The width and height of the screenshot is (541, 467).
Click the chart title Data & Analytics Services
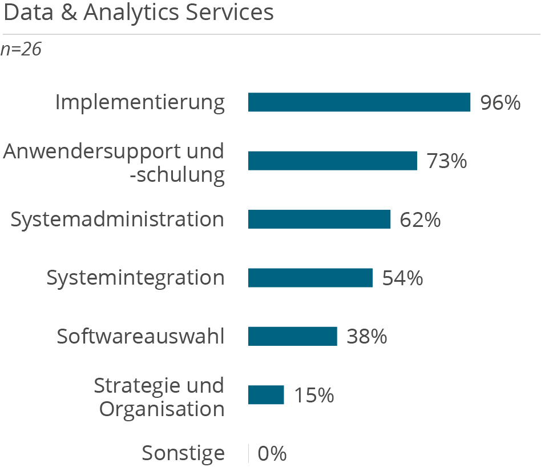point(139,13)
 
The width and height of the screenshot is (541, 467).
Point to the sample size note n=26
point(21,50)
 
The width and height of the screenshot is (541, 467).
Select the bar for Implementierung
point(359,102)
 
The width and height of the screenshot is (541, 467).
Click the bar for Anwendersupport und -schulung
point(332,161)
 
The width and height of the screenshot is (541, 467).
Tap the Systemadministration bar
point(319,219)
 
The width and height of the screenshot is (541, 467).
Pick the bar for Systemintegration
point(310,278)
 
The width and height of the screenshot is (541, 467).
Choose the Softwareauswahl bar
point(292,336)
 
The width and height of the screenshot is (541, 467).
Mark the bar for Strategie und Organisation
point(266,395)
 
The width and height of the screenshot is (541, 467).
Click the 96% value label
point(500,103)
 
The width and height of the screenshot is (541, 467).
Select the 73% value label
point(447,162)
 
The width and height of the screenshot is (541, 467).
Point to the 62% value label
point(420,220)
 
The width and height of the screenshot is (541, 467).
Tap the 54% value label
point(402,278)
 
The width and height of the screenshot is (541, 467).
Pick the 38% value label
point(367,337)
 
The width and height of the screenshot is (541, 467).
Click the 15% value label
point(314,396)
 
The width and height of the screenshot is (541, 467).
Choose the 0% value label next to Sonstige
point(272,454)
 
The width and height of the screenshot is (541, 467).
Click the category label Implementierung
point(140,103)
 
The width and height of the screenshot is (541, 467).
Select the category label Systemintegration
point(135,278)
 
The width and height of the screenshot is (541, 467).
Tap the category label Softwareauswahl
point(140,337)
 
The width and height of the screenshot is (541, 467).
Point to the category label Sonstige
point(183,454)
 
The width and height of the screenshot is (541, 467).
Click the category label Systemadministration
point(117,219)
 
